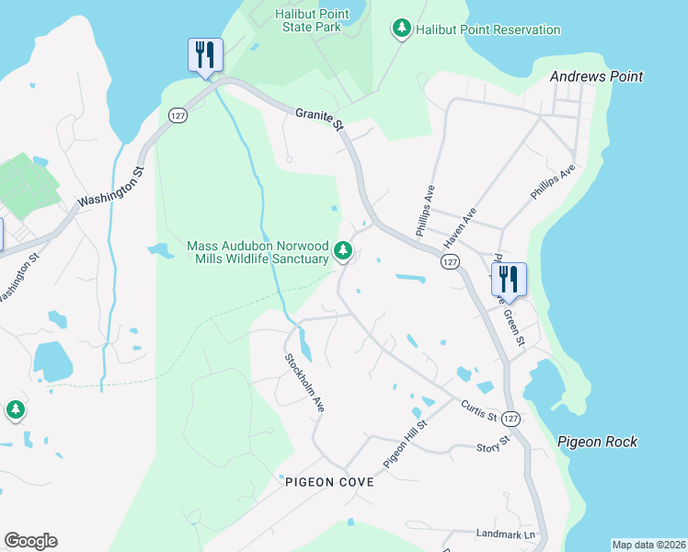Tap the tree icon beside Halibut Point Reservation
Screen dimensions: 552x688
click(401, 29)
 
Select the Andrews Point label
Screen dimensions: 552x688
click(596, 77)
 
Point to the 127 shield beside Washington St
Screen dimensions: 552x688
click(178, 114)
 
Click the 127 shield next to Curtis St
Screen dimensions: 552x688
click(511, 418)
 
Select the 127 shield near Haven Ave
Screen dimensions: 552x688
click(449, 263)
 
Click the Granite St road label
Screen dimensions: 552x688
click(319, 119)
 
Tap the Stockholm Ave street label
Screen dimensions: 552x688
click(304, 382)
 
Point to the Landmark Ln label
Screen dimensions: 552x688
click(505, 535)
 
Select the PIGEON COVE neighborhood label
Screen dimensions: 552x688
click(329, 482)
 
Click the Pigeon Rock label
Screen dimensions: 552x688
click(597, 443)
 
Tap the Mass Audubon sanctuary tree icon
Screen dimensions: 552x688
click(343, 249)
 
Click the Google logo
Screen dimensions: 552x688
click(30, 541)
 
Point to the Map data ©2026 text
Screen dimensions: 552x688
click(648, 545)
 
